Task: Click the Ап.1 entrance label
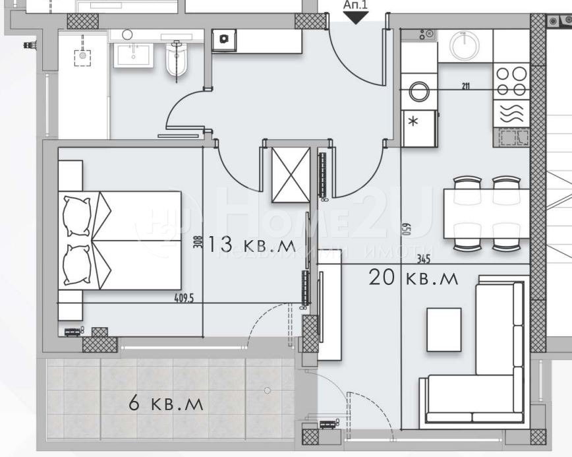tap(357, 5)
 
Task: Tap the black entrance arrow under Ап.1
tap(357, 18)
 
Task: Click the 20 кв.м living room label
tap(413, 278)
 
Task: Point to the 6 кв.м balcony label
tap(166, 402)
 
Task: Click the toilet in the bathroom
tap(177, 60)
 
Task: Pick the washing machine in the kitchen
tap(419, 91)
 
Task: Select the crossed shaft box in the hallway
tap(291, 175)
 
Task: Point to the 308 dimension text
tap(196, 243)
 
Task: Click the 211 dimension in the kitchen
tap(466, 84)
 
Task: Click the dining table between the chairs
tap(486, 213)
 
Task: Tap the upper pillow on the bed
tap(77, 214)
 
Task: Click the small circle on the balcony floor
tap(267, 391)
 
